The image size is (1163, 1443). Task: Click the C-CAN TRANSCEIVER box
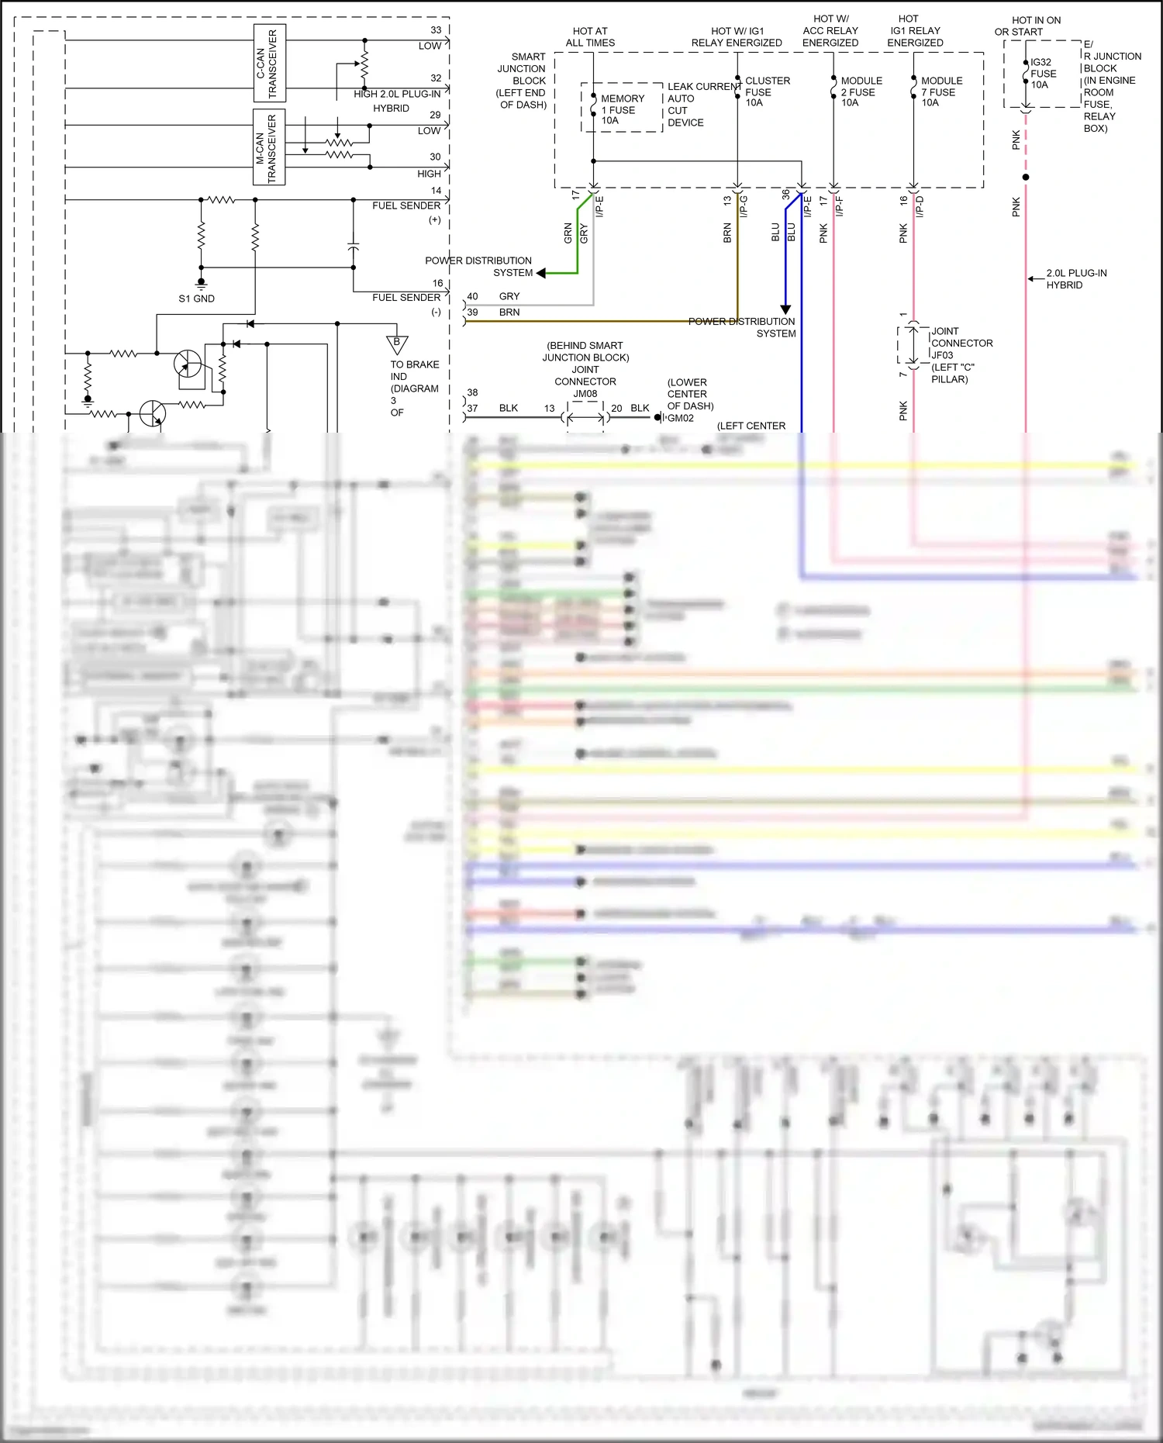[270, 63]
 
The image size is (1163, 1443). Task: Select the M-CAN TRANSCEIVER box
[269, 147]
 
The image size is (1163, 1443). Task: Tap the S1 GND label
[196, 299]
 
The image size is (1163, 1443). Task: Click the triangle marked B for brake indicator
[397, 343]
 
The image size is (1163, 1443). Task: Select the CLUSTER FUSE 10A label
[767, 91]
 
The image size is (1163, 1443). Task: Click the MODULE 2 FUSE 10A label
[861, 91]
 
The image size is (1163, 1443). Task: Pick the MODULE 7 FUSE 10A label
[941, 91]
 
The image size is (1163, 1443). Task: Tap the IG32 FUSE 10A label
[1043, 74]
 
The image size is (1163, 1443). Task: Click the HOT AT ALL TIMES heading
[590, 37]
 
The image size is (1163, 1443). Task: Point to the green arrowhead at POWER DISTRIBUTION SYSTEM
[541, 273]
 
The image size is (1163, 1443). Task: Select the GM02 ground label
[681, 418]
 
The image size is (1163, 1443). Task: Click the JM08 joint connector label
[585, 394]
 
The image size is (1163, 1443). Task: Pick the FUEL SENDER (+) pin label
[407, 212]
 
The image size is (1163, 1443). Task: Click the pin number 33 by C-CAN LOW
[436, 30]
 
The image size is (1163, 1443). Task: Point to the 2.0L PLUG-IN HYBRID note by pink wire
[1076, 279]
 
